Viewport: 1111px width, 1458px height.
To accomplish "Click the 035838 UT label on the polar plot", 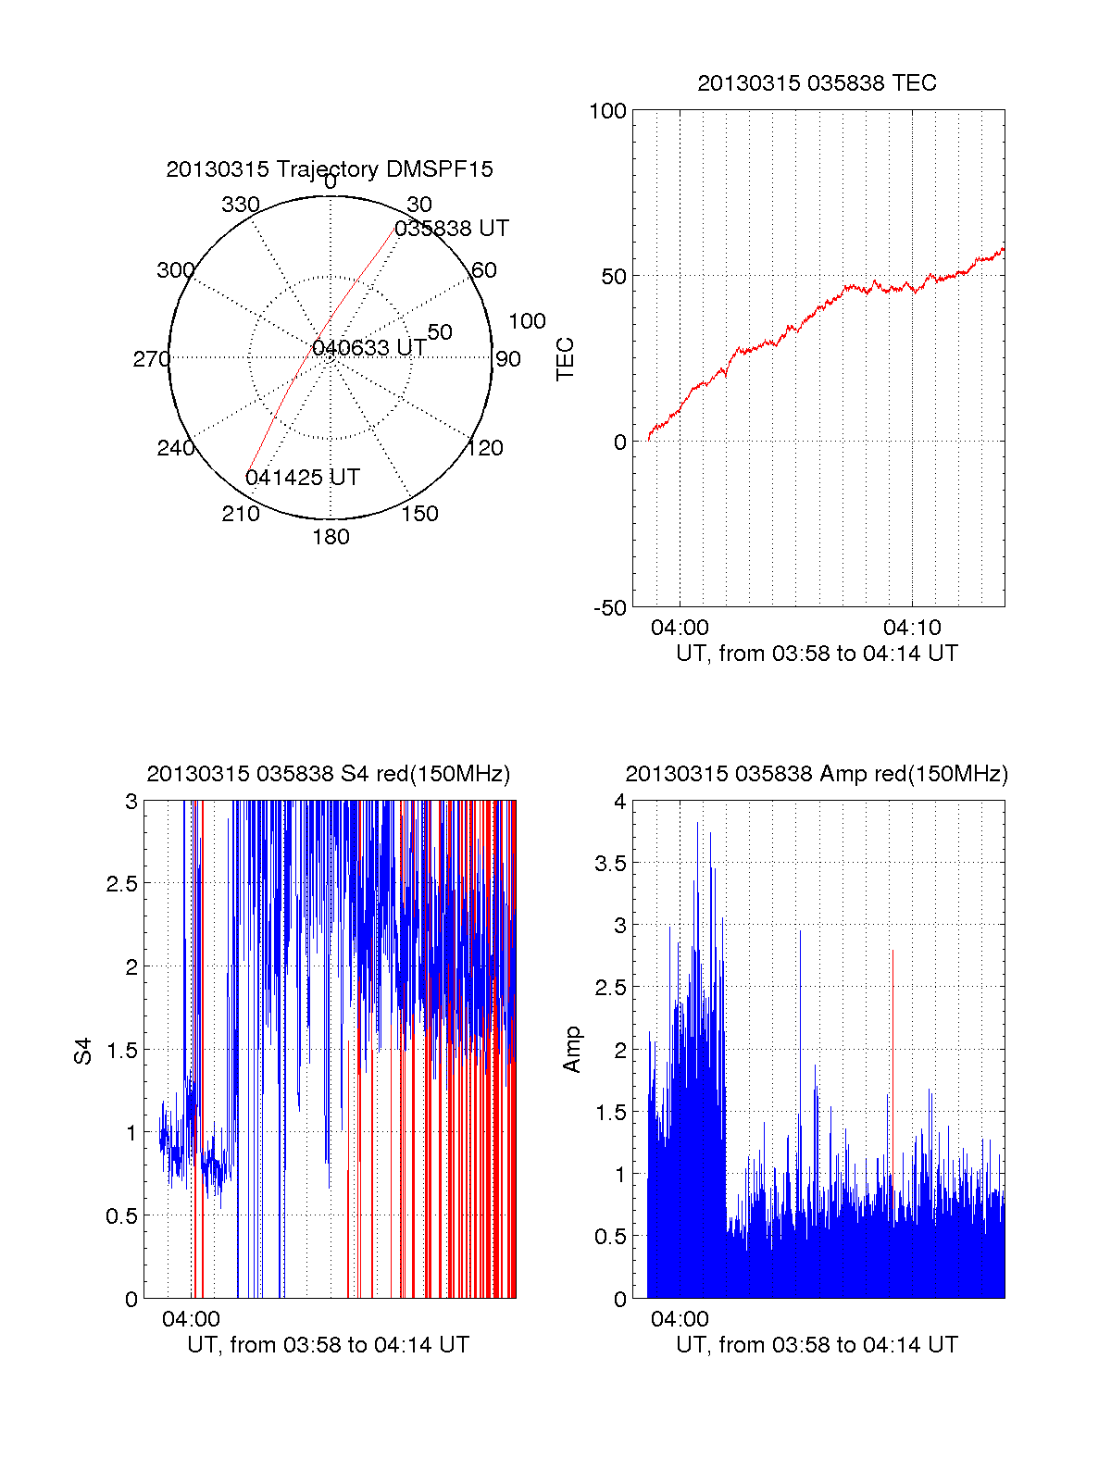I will click(x=452, y=229).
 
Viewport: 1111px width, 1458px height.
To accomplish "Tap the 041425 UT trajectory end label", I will click(x=303, y=478).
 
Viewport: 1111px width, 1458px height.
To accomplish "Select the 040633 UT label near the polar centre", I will click(x=369, y=348).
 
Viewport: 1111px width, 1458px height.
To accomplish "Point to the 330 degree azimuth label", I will click(x=241, y=205).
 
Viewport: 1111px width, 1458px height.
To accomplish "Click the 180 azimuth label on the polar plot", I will click(x=331, y=537).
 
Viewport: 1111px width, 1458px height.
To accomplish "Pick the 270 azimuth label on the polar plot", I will click(x=151, y=359).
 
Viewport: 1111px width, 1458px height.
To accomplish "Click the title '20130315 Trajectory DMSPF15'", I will click(x=330, y=169).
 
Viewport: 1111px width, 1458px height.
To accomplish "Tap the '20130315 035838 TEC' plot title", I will click(x=817, y=83).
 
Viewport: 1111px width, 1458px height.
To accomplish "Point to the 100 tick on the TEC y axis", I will click(x=607, y=111).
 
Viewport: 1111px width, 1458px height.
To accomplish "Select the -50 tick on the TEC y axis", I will click(x=610, y=608).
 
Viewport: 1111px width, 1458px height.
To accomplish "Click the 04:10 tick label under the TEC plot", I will click(x=912, y=628).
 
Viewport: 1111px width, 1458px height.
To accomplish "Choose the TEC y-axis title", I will click(x=565, y=359).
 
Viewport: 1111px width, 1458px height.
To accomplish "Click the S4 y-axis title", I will click(x=83, y=1052).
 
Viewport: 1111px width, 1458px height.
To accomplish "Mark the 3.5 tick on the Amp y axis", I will click(x=610, y=864).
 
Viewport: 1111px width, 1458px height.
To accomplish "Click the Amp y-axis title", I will click(x=572, y=1050).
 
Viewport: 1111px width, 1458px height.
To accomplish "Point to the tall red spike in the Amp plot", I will click(x=893, y=1018).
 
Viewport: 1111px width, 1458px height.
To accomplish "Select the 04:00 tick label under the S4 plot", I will click(x=192, y=1319).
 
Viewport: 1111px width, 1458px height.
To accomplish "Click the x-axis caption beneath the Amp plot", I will click(x=817, y=1345).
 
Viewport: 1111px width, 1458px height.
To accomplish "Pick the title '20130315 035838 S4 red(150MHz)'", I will click(x=329, y=774).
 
